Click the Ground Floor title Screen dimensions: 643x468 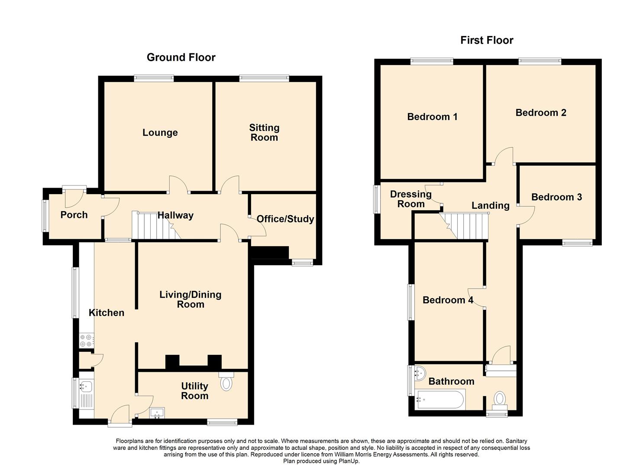click(x=181, y=58)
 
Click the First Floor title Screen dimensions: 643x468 click(x=487, y=40)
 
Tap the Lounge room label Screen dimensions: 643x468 click(x=160, y=133)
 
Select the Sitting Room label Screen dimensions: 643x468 click(x=264, y=133)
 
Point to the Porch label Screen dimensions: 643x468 click(x=74, y=214)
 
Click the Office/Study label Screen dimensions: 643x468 click(x=285, y=219)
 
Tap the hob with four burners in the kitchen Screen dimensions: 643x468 click(x=87, y=341)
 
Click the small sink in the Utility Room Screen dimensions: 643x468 click(x=157, y=413)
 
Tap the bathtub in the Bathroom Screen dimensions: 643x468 click(x=439, y=400)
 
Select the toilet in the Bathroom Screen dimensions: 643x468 click(x=500, y=400)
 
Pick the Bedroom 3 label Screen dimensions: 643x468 click(x=556, y=197)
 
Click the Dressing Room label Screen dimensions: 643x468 click(x=411, y=199)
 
